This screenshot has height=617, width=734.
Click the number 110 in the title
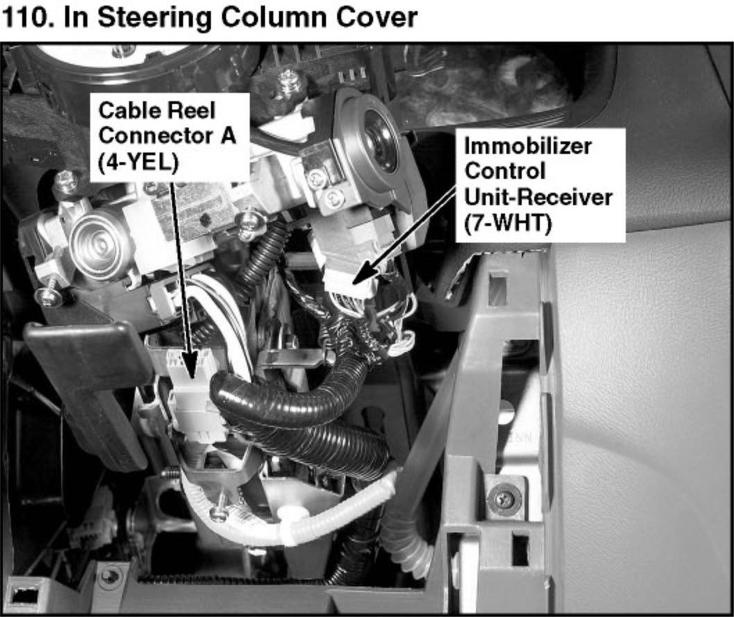(25, 17)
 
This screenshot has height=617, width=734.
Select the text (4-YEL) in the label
(138, 162)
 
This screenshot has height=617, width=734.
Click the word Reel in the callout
(192, 111)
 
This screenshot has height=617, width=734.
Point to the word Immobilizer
(527, 146)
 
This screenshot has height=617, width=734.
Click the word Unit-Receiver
(538, 197)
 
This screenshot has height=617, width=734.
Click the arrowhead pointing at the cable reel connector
(189, 367)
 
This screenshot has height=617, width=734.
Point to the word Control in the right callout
(504, 171)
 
